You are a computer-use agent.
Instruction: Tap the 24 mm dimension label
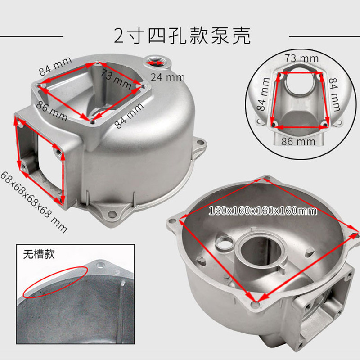pyautogui.click(x=167, y=77)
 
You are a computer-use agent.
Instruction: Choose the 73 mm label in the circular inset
pyautogui.click(x=303, y=58)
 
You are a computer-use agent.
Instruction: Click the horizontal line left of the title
pyautogui.click(x=31, y=36)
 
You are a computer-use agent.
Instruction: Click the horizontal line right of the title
pyautogui.click(x=324, y=36)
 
